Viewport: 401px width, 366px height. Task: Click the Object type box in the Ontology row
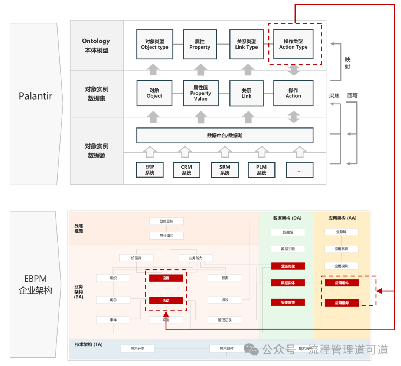[x=154, y=45]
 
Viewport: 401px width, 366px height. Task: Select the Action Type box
[x=293, y=45]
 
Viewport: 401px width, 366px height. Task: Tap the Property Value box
[x=200, y=93]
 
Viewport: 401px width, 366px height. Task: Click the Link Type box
[x=247, y=45]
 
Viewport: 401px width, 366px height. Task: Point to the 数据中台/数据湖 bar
[x=225, y=136]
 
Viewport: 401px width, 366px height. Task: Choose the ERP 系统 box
[x=150, y=170]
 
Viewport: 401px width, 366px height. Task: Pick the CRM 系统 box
[x=186, y=170]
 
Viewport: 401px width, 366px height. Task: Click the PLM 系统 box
[x=261, y=170]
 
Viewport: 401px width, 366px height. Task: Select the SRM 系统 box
[x=225, y=170]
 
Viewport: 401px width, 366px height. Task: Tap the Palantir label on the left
[x=36, y=96]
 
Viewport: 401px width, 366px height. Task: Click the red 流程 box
[x=166, y=278]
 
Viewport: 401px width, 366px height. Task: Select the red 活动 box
[x=166, y=300]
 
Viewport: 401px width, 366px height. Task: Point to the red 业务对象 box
[x=288, y=266]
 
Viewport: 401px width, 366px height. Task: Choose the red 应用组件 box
[x=342, y=283]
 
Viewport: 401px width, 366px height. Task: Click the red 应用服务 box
[x=342, y=303]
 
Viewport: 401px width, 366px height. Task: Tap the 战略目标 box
[x=166, y=221]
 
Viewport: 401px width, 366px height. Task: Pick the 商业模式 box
[x=166, y=236]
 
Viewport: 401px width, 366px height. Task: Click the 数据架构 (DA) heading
[x=287, y=218]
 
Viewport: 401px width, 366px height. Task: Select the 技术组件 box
[x=226, y=349]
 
